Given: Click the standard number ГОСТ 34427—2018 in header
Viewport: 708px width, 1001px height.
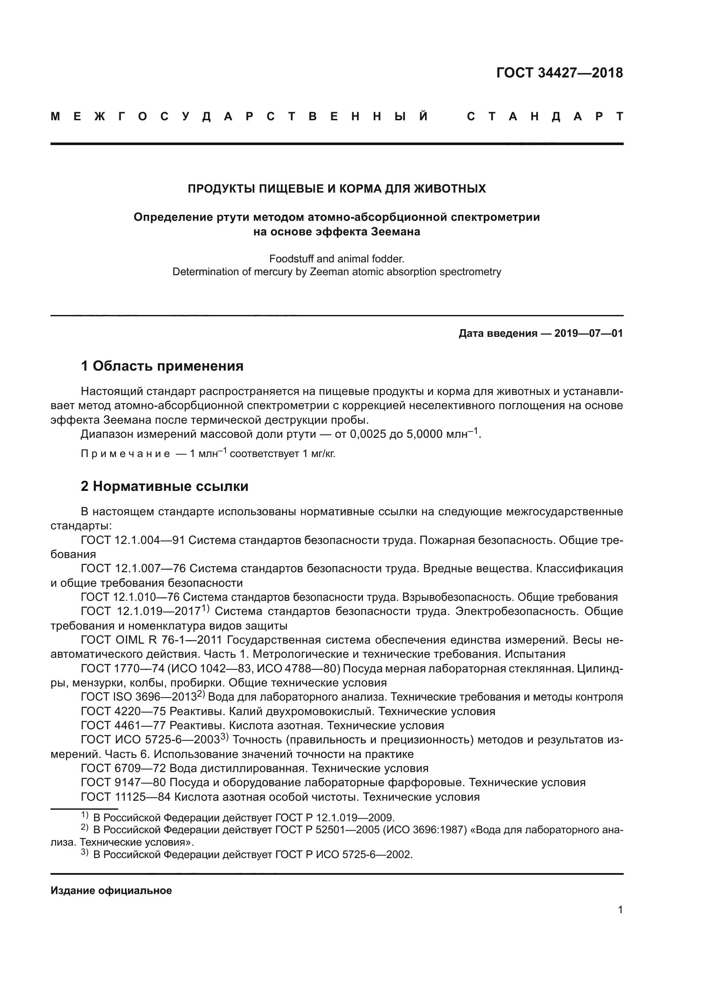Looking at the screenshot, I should pos(559,73).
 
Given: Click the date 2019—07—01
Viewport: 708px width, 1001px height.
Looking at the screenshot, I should pos(589,333).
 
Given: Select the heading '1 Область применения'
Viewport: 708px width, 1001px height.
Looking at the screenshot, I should pos(162,366).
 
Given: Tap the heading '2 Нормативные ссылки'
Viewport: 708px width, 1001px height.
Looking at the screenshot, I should pos(164,486).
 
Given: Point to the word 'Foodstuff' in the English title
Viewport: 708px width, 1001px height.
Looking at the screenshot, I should pos(291,258).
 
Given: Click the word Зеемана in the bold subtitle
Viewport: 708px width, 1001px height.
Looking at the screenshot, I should pos(396,232).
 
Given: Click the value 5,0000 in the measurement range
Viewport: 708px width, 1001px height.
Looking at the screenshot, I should pos(424,435).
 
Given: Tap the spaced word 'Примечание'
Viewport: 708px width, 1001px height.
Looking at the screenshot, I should pos(125,454).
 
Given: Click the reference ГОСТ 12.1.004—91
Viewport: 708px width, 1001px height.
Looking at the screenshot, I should pos(133,540).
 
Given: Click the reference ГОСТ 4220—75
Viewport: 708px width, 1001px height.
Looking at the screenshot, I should pos(123,712).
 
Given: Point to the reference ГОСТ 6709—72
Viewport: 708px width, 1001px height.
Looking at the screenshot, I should pos(123,768).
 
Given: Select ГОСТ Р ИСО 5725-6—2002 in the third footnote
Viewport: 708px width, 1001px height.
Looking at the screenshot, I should pos(343,855).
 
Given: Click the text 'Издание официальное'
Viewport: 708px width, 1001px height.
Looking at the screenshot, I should pos(111,891).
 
